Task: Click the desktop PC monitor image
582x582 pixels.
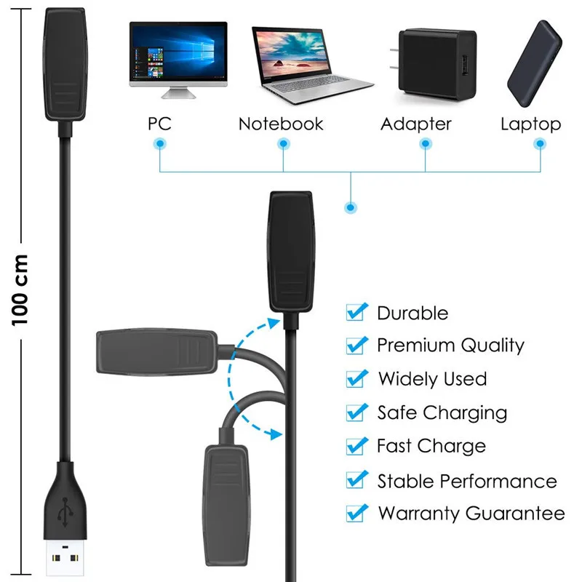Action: [x=178, y=60]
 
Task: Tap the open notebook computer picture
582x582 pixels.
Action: [x=311, y=65]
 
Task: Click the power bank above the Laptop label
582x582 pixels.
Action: [x=535, y=63]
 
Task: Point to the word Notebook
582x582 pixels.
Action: [x=281, y=124]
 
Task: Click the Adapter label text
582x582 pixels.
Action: [x=416, y=124]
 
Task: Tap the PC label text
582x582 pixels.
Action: [x=159, y=124]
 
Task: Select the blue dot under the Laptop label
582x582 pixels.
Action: [x=540, y=143]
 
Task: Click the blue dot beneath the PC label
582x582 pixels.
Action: [x=160, y=143]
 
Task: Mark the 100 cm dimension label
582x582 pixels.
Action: [x=20, y=290]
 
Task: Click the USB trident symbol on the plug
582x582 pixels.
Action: [x=65, y=512]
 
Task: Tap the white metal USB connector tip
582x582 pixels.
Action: [x=65, y=557]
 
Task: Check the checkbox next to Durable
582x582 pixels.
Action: [x=356, y=312]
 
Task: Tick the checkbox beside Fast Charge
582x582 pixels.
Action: [x=356, y=446]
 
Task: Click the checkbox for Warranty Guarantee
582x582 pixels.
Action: [x=356, y=513]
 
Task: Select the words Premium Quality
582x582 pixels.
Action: [x=450, y=346]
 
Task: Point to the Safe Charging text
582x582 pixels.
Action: [x=442, y=413]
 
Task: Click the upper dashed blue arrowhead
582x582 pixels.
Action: [x=274, y=322]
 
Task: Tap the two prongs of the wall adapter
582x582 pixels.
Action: [x=394, y=59]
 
